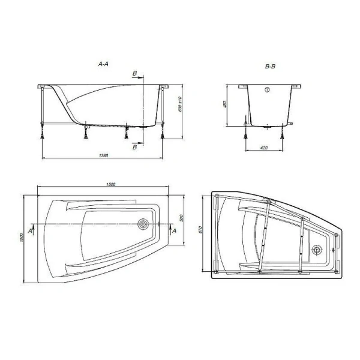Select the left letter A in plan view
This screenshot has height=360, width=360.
35,229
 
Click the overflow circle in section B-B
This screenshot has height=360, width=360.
267,91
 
